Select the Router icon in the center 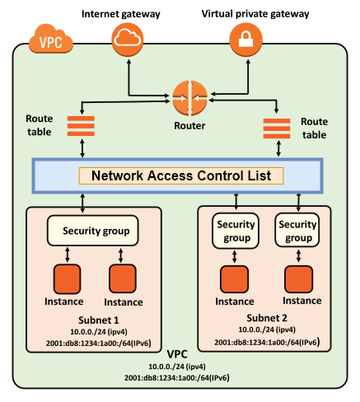click(x=188, y=100)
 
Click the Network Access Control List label click(x=180, y=175)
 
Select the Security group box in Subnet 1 click(x=90, y=230)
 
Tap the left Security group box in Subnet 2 click(x=235, y=231)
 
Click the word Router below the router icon click(x=189, y=127)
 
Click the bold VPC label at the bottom click(x=178, y=353)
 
